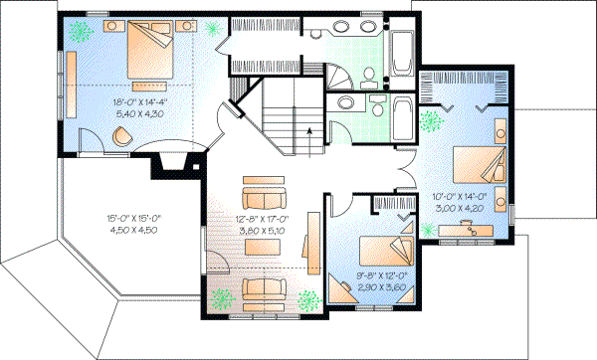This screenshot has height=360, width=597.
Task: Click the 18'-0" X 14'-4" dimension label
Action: click(x=143, y=101)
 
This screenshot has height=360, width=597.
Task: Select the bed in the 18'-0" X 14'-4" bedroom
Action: click(x=149, y=50)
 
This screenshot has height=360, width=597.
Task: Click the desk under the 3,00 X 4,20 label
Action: click(x=468, y=229)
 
